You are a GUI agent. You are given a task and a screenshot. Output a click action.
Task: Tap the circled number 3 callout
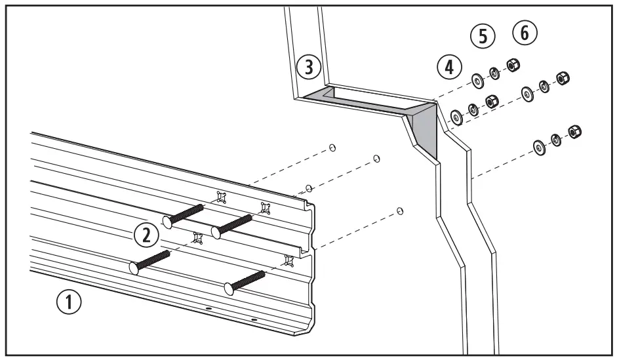308,67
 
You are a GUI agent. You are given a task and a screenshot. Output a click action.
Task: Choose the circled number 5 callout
483,37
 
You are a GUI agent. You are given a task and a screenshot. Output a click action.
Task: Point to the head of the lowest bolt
229,287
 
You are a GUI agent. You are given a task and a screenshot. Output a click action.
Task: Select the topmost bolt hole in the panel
332,148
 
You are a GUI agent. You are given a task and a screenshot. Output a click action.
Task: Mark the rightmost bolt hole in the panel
400,211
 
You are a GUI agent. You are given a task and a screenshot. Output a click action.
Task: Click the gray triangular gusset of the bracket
424,134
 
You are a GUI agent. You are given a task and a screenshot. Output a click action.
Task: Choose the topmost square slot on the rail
221,196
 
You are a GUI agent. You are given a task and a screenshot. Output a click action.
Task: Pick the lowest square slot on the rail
287,260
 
